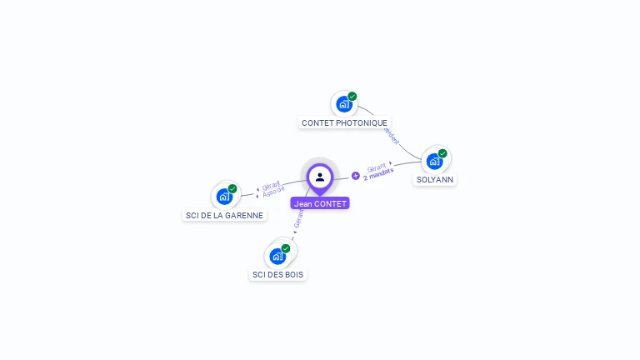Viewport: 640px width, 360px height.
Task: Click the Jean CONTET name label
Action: point(320,203)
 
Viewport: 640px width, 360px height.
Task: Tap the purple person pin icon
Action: point(320,177)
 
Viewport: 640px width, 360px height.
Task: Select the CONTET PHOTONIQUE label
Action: point(344,122)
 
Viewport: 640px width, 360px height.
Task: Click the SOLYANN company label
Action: point(435,179)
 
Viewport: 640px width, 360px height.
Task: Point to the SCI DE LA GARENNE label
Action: point(224,215)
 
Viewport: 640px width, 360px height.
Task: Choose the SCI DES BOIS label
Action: point(277,274)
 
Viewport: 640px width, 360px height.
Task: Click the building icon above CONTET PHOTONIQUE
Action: point(342,104)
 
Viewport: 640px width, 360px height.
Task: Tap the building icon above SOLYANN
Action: point(433,161)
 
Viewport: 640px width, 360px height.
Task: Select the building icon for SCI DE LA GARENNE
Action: point(223,197)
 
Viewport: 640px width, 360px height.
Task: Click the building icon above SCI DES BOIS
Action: point(277,256)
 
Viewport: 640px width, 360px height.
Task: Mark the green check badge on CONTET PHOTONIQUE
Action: point(352,97)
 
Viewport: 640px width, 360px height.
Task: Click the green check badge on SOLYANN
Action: point(442,153)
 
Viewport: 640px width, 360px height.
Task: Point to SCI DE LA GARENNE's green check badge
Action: point(232,189)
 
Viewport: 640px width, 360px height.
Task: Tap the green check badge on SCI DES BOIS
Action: point(286,248)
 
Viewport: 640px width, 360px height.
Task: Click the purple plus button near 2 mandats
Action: point(356,176)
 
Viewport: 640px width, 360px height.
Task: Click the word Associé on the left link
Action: point(274,191)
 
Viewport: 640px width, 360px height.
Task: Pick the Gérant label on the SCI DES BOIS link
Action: point(299,219)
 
